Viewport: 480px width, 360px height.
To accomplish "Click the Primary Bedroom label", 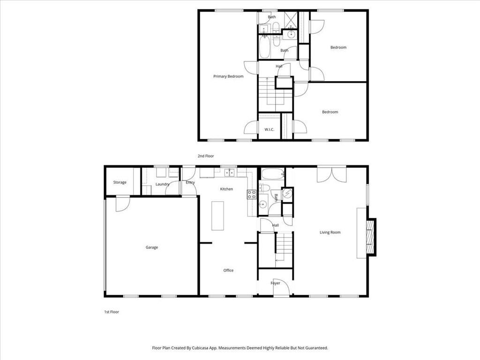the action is [228, 76].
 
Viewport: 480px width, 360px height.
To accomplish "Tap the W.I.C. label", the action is [270, 129].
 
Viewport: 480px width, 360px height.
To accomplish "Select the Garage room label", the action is [152, 247].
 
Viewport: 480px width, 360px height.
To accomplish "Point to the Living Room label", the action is [330, 232].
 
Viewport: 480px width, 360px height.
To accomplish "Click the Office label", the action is [228, 270].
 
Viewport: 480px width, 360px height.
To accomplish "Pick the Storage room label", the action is [120, 182].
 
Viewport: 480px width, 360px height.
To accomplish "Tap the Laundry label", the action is [162, 184].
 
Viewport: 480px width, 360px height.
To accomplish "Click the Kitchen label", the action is [226, 189].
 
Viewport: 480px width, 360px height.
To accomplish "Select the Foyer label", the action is [276, 283].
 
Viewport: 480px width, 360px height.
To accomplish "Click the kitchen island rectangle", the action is [217, 216].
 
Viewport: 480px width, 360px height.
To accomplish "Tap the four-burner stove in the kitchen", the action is [252, 195].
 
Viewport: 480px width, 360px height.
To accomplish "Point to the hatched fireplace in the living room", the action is [371, 237].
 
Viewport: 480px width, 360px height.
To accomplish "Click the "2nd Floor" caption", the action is [206, 156].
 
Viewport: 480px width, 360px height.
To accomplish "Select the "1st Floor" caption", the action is [112, 312].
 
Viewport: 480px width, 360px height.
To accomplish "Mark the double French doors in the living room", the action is [331, 175].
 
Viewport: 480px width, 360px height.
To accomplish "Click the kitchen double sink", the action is [229, 173].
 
